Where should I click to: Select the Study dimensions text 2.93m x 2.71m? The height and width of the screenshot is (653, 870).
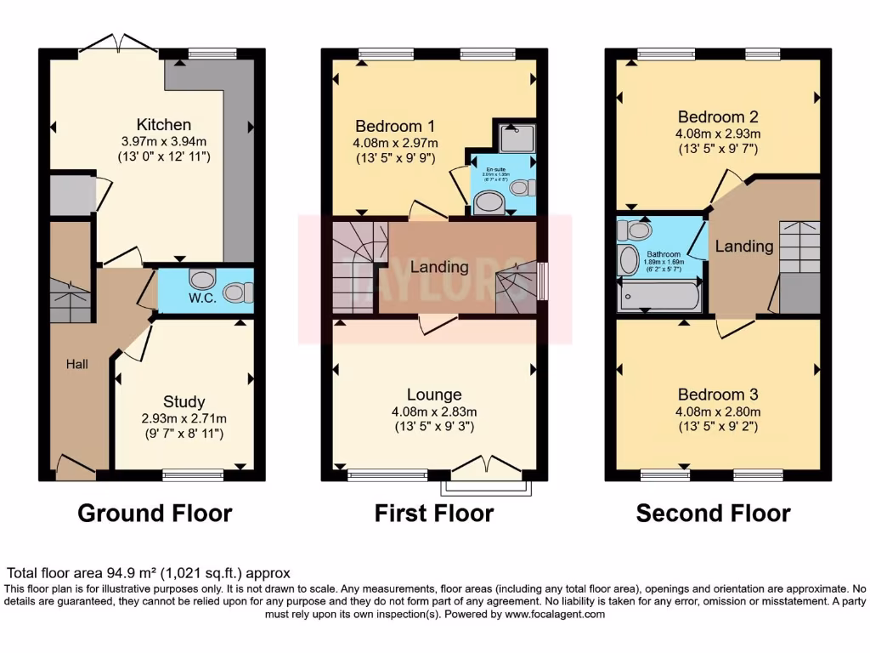coord(184,418)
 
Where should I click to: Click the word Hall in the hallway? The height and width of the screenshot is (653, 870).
coord(78,364)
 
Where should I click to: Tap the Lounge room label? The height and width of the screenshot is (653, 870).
coord(434,395)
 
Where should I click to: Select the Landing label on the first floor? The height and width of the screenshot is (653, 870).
coord(439,267)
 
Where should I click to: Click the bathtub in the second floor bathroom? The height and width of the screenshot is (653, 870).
coord(659,297)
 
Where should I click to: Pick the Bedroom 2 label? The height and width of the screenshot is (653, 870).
coord(718,116)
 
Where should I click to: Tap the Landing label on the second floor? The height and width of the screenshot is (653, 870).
coord(743,247)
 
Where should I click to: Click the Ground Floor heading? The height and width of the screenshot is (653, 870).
coord(155,514)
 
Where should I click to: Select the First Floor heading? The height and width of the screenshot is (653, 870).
coord(434,514)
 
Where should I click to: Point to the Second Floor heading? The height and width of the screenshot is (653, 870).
coord(713,514)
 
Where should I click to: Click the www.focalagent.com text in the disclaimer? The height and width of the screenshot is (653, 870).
coord(555,614)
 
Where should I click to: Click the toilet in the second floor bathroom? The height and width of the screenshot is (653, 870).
coord(633,230)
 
